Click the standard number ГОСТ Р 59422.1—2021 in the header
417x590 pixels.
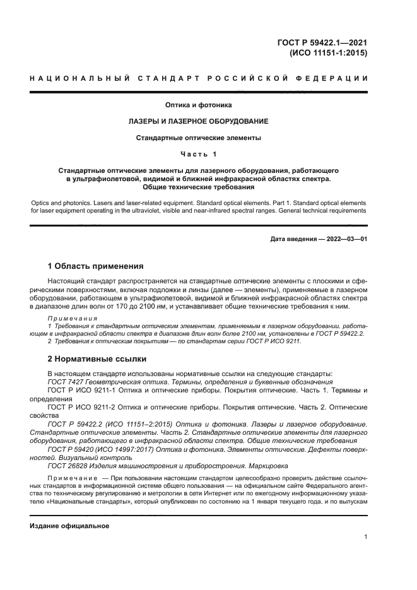tap(322, 43)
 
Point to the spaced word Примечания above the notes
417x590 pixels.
tap(73, 319)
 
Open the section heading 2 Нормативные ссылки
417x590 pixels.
tap(97, 359)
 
